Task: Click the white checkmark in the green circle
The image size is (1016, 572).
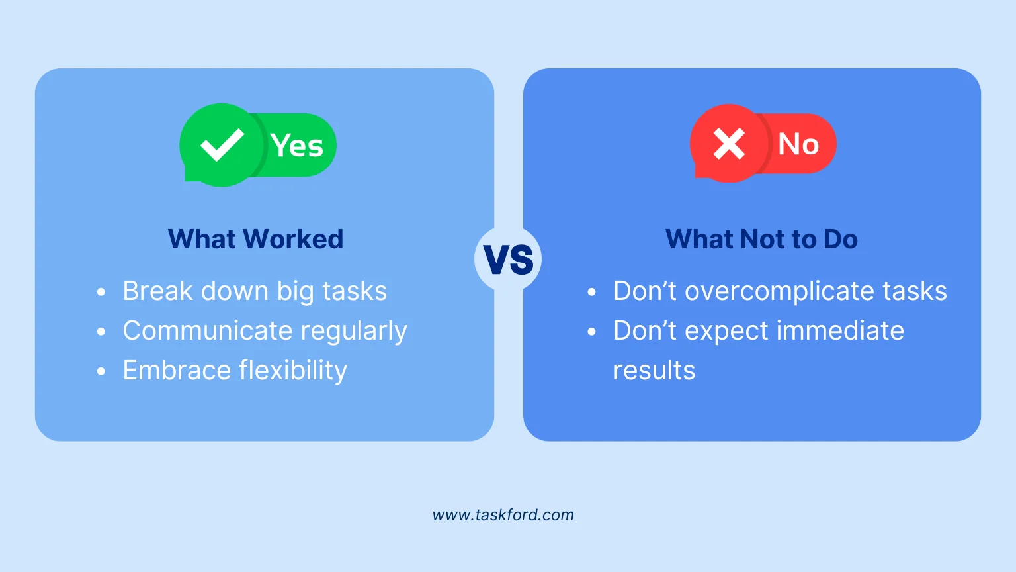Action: (222, 144)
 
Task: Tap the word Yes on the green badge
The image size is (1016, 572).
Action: (297, 146)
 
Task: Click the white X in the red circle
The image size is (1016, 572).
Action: (729, 143)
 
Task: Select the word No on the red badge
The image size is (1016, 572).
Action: (798, 144)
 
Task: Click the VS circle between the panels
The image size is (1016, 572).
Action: (508, 260)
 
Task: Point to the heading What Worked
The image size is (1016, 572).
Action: (255, 239)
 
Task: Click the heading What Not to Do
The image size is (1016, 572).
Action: (761, 239)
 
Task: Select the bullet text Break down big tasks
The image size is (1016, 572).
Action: (255, 291)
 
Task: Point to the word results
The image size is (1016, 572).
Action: (654, 371)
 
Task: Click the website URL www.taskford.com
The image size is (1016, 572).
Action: (503, 515)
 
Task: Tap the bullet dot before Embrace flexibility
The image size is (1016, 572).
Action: (101, 371)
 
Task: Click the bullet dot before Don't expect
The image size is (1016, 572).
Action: (592, 332)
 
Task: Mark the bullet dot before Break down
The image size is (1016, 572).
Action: (101, 292)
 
